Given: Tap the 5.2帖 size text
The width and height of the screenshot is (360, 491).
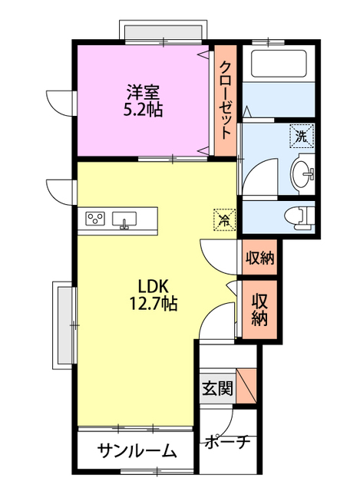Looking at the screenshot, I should click(144, 109).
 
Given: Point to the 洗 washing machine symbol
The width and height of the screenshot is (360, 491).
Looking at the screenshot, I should click(301, 138).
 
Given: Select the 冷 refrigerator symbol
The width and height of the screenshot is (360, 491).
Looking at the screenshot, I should click(225, 219).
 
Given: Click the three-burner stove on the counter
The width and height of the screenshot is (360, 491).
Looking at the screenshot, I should click(97, 219).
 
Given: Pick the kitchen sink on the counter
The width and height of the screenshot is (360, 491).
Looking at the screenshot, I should click(125, 219).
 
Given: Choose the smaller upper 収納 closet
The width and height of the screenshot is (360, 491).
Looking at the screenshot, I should click(259, 258).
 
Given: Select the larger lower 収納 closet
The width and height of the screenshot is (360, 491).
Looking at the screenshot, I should click(259, 309).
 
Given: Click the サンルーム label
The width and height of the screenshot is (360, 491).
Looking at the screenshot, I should click(136, 451).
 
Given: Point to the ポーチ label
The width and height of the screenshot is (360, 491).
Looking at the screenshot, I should click(227, 443).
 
